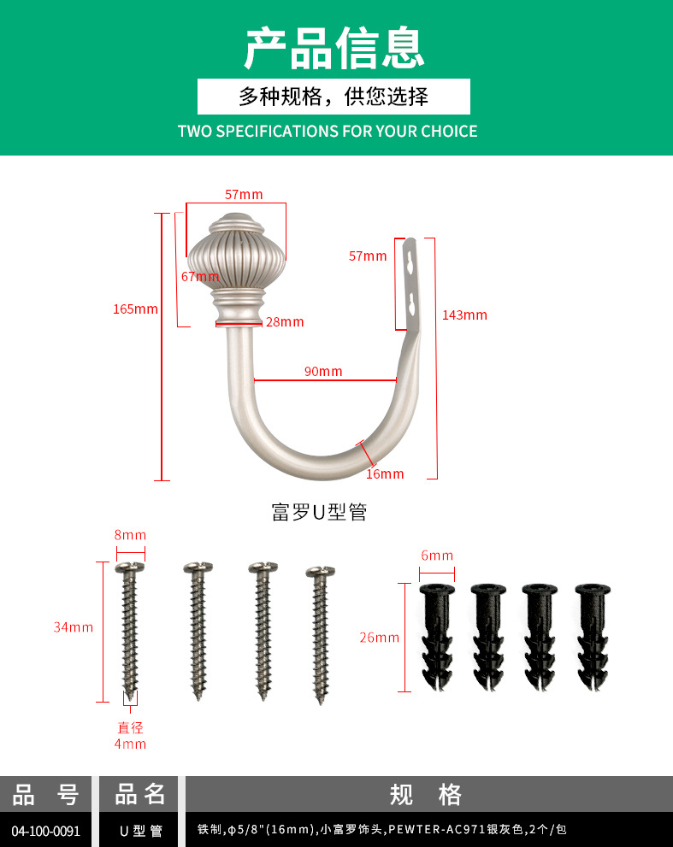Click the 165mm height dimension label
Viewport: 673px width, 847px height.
point(135,309)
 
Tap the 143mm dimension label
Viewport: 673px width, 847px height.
point(464,315)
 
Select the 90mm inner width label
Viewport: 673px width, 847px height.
point(323,371)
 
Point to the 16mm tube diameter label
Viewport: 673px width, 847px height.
point(385,473)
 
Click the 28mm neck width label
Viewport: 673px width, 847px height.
point(285,322)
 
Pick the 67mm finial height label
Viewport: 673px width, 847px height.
point(200,277)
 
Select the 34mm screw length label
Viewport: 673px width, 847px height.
point(74,627)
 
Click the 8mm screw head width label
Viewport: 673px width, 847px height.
point(130,535)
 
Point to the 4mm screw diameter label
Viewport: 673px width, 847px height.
point(130,744)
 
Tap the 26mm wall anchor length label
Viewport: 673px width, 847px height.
point(380,638)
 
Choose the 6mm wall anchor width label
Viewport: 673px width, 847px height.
point(437,556)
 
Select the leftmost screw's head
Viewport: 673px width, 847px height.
point(130,568)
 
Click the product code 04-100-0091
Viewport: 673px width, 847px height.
point(46,831)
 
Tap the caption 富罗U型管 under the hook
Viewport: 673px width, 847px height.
point(319,512)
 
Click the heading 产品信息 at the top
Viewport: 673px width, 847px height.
point(334,49)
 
